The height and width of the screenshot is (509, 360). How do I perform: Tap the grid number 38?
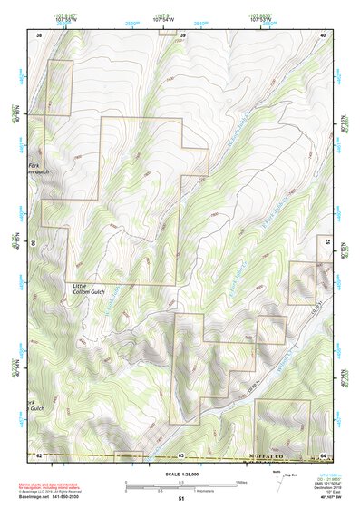39,34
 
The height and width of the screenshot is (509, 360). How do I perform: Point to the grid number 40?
325,34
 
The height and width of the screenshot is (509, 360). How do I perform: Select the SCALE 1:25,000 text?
182,474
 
